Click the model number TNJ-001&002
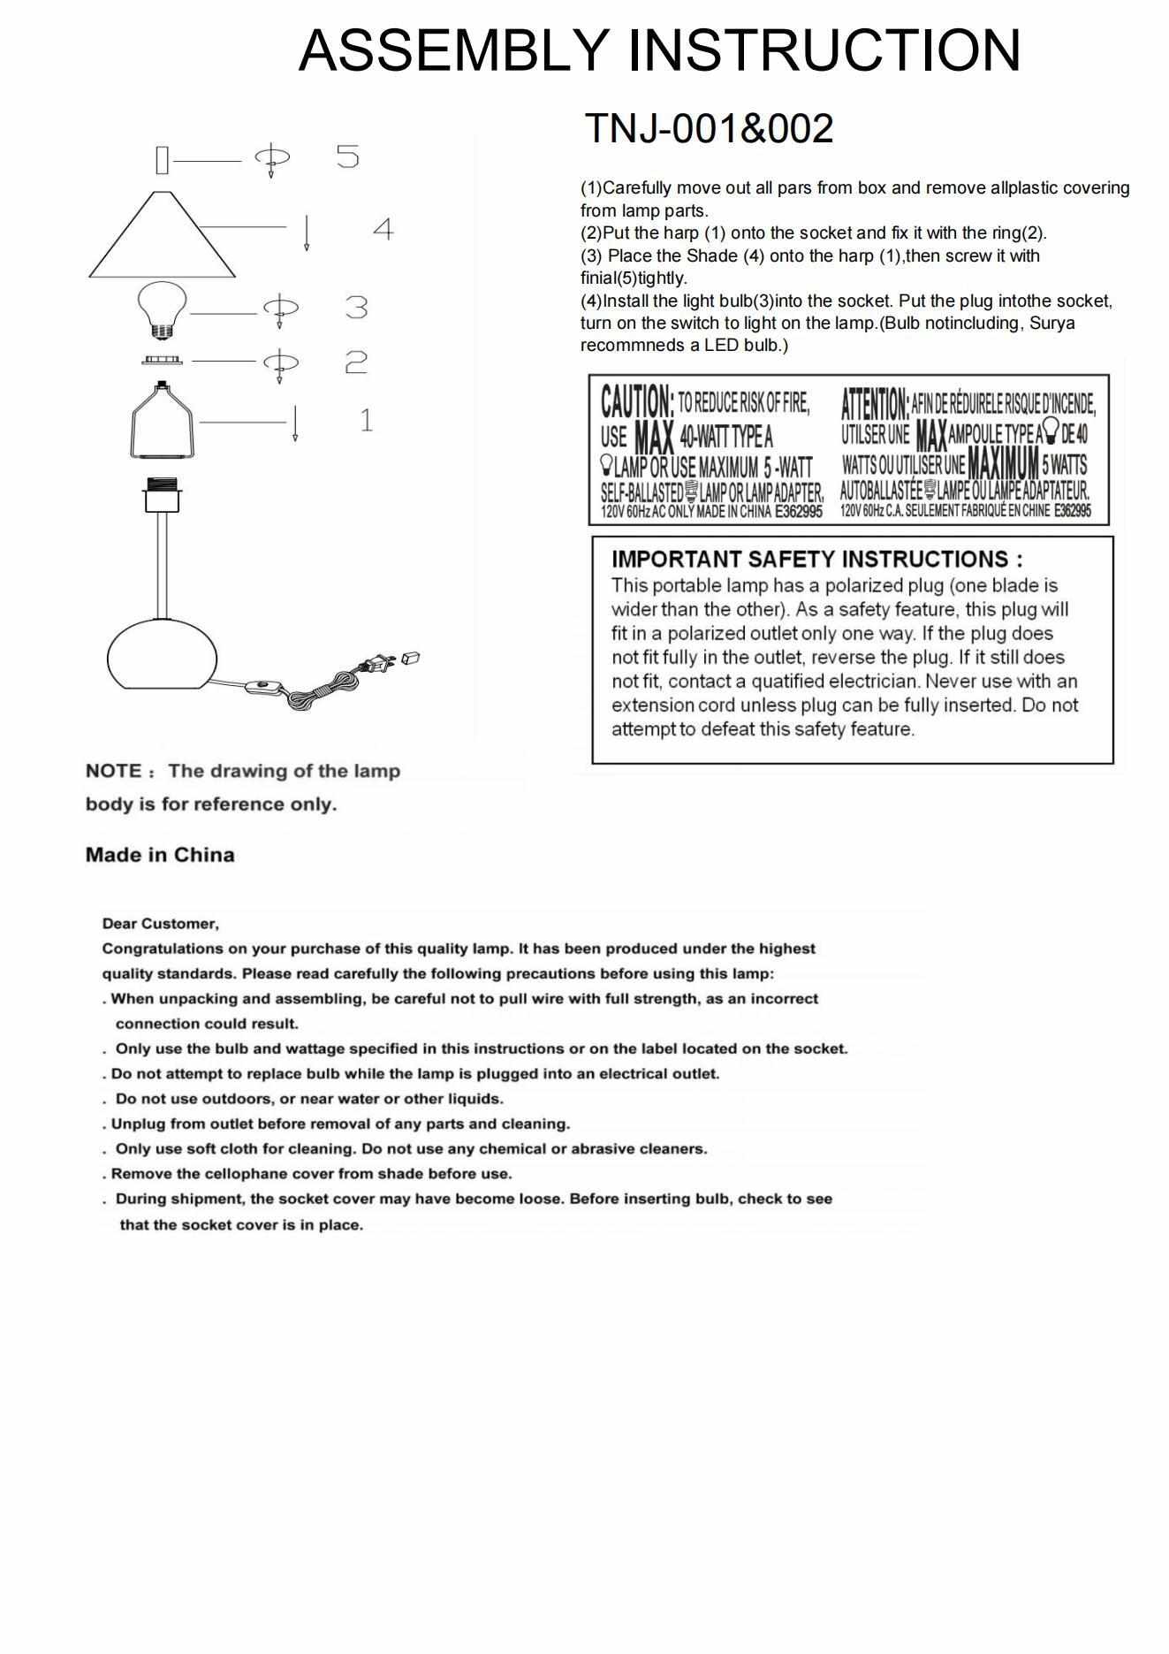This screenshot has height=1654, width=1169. coord(709,129)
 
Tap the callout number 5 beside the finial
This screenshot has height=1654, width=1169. coord(348,156)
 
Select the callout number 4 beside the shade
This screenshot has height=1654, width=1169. coord(383,230)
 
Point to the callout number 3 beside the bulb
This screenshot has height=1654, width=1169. coord(356,308)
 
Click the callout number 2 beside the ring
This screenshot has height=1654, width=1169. coord(355,362)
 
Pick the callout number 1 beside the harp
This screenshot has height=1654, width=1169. coord(366,420)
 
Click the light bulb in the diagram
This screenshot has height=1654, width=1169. coord(162,308)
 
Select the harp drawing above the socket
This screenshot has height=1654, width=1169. coord(163,422)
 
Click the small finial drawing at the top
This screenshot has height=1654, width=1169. coord(162,160)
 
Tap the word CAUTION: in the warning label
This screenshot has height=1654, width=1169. coord(637,402)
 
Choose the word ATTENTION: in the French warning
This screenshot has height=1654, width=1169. coord(874,404)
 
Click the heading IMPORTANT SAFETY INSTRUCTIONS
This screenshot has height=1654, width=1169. coord(816,560)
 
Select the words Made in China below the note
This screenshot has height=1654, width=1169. coord(160,855)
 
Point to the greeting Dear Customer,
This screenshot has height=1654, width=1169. coord(160,924)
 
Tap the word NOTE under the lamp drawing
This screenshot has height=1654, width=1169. coord(113,771)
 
